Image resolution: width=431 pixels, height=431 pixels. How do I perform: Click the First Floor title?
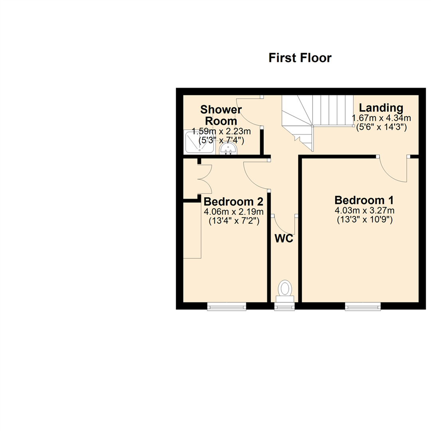pos(300,58)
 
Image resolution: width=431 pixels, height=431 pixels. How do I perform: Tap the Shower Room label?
pos(221,115)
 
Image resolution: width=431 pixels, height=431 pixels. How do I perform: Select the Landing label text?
pos(381,108)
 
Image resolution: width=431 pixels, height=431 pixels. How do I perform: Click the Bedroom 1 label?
pos(364,200)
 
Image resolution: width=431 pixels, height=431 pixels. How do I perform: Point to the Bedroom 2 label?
pos(233,201)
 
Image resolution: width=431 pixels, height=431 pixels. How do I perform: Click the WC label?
pos(284,239)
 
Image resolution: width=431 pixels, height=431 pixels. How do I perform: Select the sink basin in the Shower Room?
pos(229,150)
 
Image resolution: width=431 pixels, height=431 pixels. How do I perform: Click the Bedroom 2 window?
pos(227,306)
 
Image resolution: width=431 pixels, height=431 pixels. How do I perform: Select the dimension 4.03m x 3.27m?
pos(364,210)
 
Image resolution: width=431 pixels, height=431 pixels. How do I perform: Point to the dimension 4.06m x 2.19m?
pos(233,212)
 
